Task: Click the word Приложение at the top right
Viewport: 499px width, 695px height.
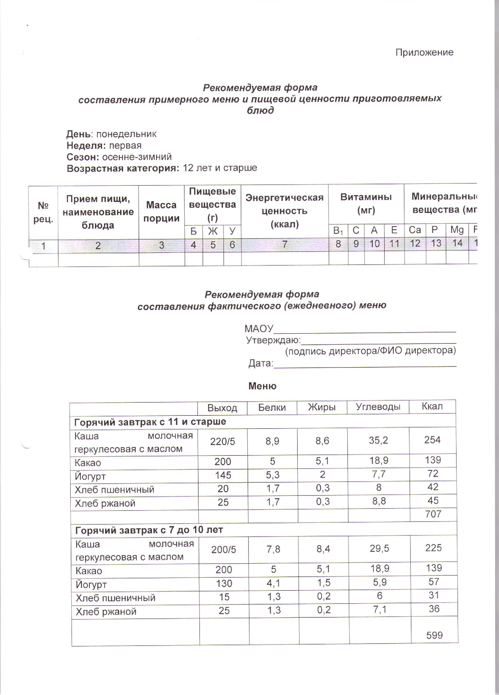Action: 424,52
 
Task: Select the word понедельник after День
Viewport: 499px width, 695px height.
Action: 126,134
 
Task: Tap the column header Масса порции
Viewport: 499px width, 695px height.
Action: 161,211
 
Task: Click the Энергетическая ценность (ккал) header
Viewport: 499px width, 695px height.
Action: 284,211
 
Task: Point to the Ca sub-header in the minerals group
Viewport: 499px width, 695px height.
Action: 415,230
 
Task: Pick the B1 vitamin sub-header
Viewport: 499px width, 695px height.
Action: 338,230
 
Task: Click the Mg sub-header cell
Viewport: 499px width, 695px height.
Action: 457,230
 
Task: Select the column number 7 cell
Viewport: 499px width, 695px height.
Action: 285,244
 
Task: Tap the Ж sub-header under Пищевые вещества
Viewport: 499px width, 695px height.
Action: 213,231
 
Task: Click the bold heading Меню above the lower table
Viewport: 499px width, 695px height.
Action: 262,386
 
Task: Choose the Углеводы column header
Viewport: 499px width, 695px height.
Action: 378,407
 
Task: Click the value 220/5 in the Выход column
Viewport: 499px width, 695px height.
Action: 222,441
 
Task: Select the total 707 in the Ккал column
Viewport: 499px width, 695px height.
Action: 433,514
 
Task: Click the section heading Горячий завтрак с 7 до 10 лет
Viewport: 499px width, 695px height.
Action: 149,530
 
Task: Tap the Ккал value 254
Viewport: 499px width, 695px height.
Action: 432,440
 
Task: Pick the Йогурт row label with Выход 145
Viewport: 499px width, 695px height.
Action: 90,476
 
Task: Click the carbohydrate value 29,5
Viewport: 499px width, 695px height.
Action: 379,548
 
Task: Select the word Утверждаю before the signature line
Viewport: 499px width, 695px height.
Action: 273,340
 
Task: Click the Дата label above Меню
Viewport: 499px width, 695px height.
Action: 260,363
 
